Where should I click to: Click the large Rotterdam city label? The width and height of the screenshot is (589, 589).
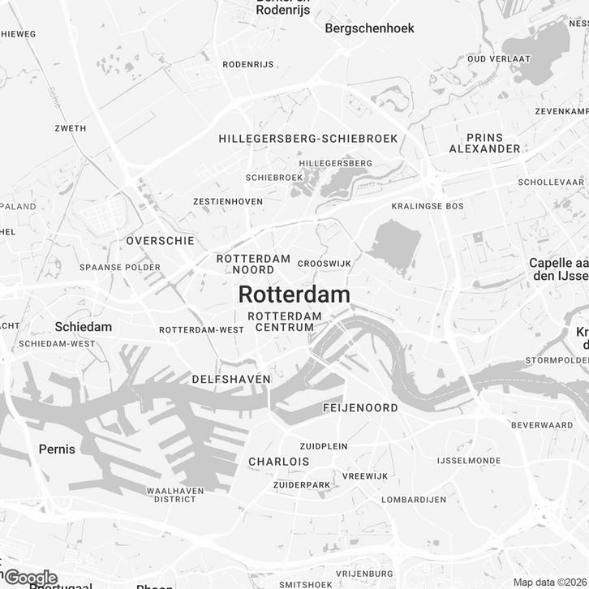[x=294, y=294]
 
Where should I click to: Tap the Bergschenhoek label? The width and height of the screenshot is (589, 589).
[x=369, y=28]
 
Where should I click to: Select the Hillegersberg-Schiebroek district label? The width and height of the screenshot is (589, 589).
[x=308, y=139]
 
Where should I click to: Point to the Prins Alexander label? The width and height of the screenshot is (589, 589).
[x=485, y=143]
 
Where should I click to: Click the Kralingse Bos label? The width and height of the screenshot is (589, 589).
[x=427, y=206]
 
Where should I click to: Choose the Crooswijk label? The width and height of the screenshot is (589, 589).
[x=324, y=264]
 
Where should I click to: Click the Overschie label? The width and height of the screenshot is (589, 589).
[x=160, y=241]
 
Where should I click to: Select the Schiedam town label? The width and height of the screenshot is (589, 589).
[x=83, y=326]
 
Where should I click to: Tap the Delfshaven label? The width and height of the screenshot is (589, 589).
[x=231, y=379]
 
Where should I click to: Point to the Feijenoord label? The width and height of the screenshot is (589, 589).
[x=360, y=407]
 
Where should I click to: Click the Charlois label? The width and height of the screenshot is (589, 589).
[x=278, y=462]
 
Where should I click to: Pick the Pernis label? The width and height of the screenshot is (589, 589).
[x=57, y=449]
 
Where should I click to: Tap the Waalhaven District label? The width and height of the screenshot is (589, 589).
[x=171, y=495]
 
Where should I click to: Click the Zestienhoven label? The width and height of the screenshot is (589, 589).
[x=227, y=201]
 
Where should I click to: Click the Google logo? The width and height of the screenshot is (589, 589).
[x=31, y=578]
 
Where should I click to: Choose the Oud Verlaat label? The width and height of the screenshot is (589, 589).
[x=499, y=59]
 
